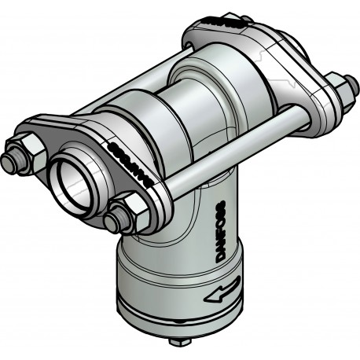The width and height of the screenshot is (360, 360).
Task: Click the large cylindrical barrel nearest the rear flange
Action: point(228,90)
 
